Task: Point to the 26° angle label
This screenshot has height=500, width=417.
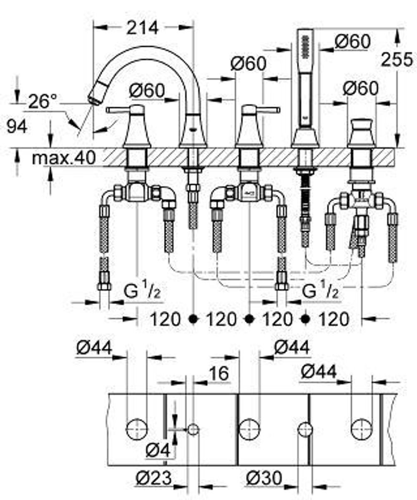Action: tap(43, 101)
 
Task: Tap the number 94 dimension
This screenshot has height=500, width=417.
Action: tap(17, 126)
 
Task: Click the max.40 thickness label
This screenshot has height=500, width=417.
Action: tap(64, 157)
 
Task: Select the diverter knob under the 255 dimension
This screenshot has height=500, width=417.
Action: tap(361, 125)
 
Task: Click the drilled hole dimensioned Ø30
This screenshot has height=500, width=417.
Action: tap(305, 429)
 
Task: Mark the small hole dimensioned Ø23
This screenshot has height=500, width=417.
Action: tap(193, 429)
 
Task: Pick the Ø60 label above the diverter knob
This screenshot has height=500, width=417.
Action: tap(360, 88)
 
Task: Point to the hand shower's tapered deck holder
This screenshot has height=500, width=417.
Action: tap(305, 137)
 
